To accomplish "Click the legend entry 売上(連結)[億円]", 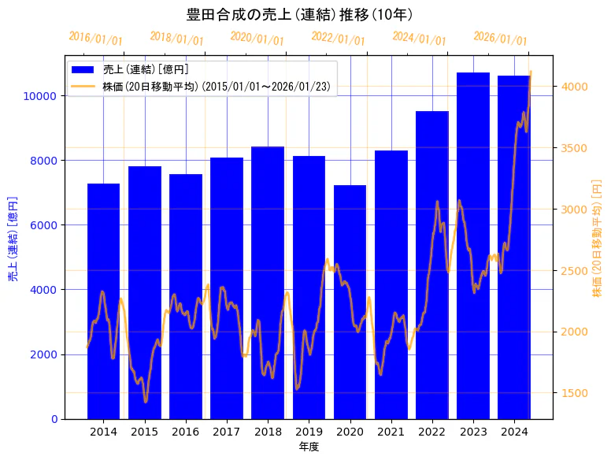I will point(146,69).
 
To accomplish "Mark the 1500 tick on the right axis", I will point(572,393).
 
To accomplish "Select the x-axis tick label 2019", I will point(309,432).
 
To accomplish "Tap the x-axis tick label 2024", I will point(514,432).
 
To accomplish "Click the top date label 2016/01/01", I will point(96,39).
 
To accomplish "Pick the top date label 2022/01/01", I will point(339,39).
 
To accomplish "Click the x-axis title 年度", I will point(309,447).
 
